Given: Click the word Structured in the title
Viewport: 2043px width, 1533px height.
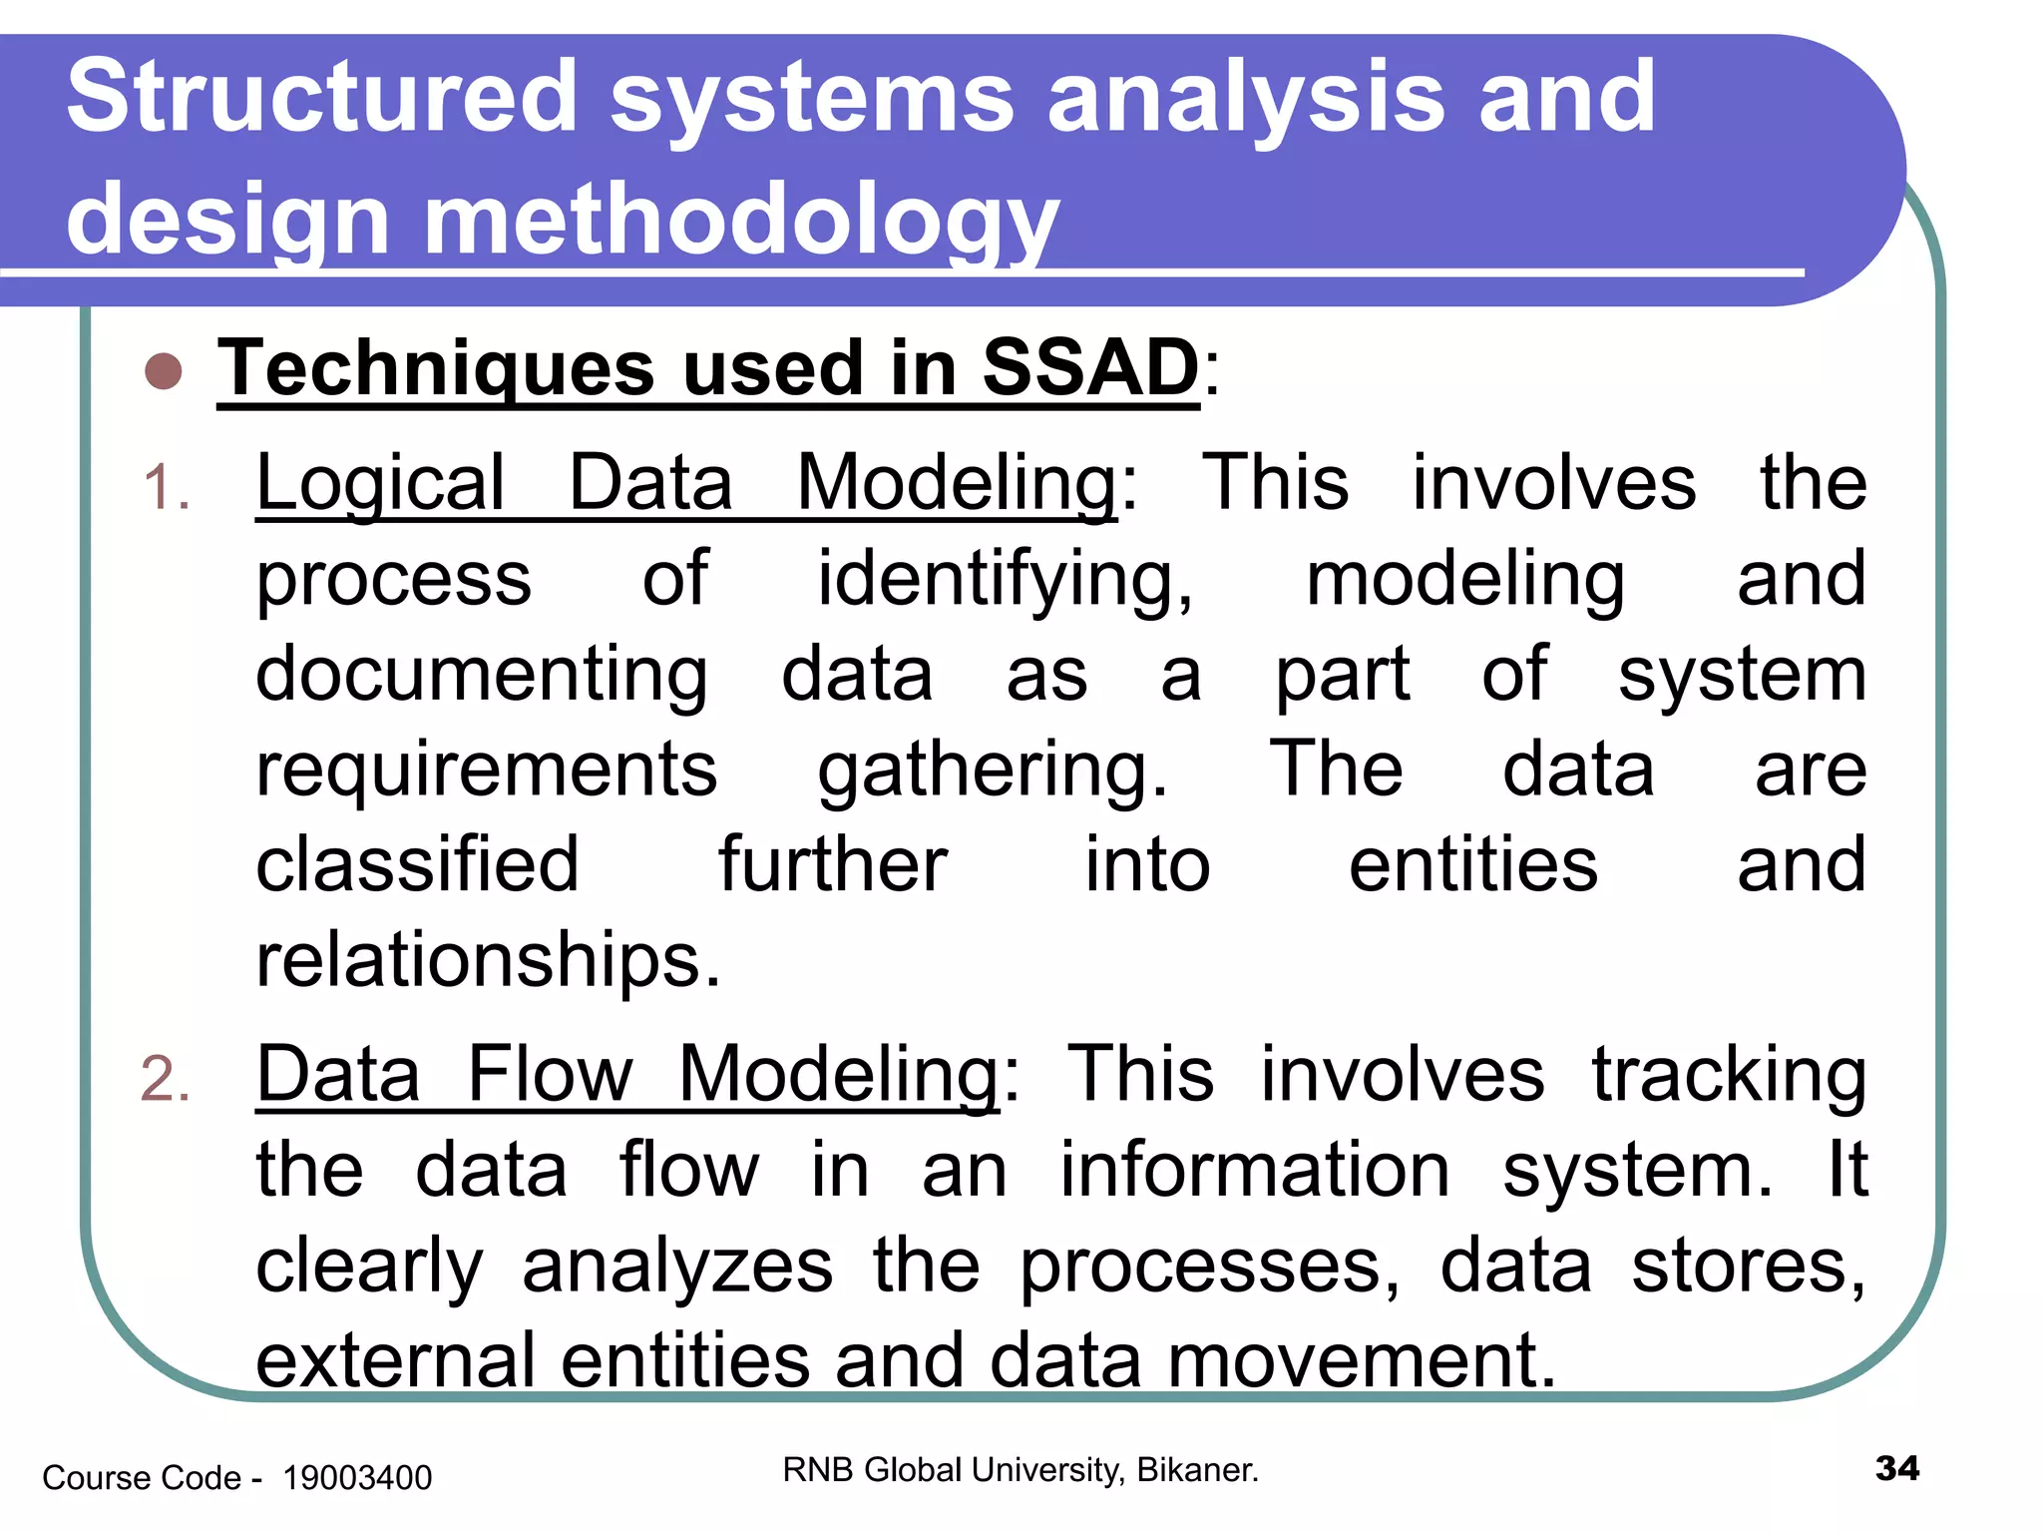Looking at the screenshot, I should pyautogui.click(x=322, y=97).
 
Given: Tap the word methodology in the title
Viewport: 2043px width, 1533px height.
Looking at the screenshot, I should pyautogui.click(x=741, y=220).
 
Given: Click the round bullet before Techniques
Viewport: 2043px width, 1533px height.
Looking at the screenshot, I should pyautogui.click(x=164, y=371).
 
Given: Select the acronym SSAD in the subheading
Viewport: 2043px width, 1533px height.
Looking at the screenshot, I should pyautogui.click(x=1090, y=368).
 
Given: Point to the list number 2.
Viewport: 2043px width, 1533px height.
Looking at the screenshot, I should pyautogui.click(x=166, y=1080).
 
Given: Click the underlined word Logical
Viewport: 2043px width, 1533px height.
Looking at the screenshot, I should pyautogui.click(x=380, y=484).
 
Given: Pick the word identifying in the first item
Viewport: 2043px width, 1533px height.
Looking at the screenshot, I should pyautogui.click(x=1005, y=580).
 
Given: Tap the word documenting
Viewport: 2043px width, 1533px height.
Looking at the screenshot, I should pyautogui.click(x=482, y=675).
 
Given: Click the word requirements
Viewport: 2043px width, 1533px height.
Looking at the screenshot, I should pyautogui.click(x=486, y=770).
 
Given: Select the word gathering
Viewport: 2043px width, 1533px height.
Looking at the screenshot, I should pyautogui.click(x=993, y=770).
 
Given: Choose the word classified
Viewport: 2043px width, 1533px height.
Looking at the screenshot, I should pyautogui.click(x=417, y=864).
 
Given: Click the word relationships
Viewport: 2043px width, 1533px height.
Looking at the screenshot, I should pyautogui.click(x=488, y=960).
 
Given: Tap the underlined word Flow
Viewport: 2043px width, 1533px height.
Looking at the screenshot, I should pyautogui.click(x=550, y=1075).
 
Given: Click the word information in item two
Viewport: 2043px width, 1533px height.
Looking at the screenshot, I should pyautogui.click(x=1254, y=1170).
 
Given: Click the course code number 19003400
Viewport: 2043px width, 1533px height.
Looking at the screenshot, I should pyautogui.click(x=357, y=1478).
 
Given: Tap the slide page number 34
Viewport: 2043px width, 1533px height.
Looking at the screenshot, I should pyautogui.click(x=1896, y=1469).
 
